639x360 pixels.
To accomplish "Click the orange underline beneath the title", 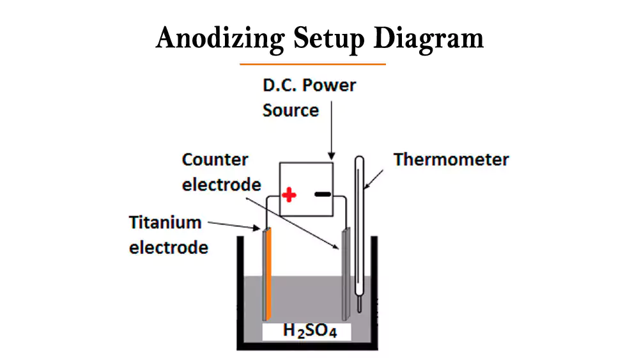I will [312, 64].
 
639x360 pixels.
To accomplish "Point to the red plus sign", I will [289, 194].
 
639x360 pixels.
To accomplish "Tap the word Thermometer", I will [451, 159].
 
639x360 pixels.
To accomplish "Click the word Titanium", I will [165, 223].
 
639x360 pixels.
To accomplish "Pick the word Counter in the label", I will [215, 159].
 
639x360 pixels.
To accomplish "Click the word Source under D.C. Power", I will [291, 110].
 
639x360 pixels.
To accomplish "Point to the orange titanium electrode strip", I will [269, 275].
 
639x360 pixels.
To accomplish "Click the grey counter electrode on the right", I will [347, 275].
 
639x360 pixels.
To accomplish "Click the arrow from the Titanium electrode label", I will [233, 225].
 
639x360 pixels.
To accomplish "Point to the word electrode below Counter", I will [221, 184].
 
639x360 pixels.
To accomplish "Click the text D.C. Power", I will [309, 85].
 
